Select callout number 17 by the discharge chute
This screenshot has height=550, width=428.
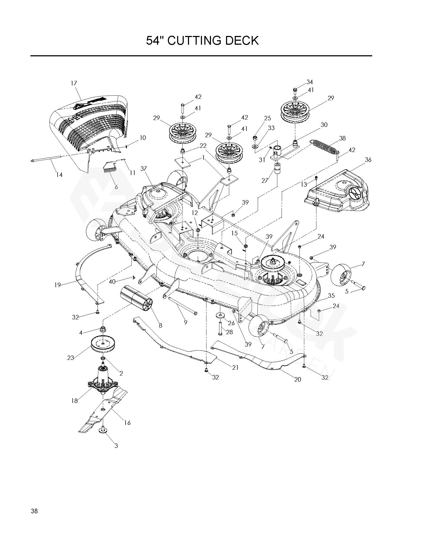pos(74,83)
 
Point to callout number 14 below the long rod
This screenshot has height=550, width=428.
pos(59,175)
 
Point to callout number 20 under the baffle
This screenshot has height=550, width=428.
pos(297,379)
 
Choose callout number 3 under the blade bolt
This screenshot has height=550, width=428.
pos(116,446)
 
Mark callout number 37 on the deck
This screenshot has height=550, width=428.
pos(143,169)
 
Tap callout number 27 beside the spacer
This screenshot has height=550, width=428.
pos(265,180)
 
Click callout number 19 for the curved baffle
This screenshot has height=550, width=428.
pos(57,285)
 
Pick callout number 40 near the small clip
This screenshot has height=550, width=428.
pos(112,282)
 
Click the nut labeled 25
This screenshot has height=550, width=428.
pos(255,138)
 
